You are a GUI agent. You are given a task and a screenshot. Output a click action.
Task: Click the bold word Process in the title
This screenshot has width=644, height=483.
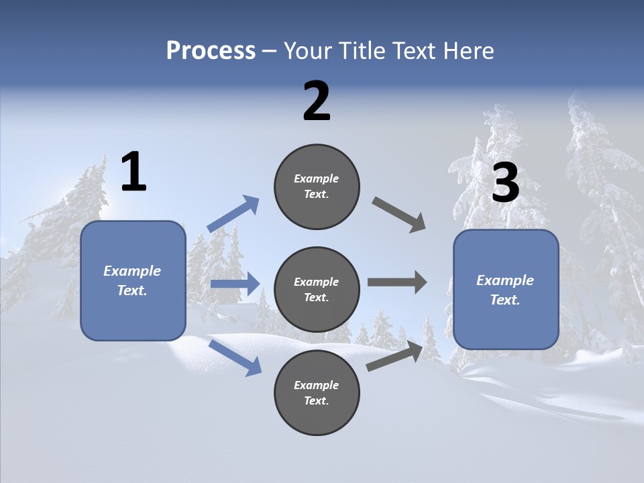(x=211, y=50)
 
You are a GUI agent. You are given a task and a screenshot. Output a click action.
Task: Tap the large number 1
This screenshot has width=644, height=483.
(x=133, y=172)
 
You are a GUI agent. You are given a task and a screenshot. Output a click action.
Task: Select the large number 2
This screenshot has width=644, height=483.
(x=317, y=101)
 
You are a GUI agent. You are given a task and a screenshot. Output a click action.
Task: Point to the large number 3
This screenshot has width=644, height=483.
(x=505, y=183)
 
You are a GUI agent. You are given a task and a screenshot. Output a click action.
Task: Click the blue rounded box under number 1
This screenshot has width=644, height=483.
(x=133, y=280)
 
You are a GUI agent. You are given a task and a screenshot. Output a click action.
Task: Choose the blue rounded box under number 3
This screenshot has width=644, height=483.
(x=506, y=289)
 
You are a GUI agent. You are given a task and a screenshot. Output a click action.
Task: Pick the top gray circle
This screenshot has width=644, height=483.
(x=317, y=186)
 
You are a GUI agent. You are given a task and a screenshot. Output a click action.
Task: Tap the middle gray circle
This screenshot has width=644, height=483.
(x=317, y=289)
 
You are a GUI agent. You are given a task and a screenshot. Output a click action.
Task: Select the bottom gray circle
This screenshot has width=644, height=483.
(x=317, y=392)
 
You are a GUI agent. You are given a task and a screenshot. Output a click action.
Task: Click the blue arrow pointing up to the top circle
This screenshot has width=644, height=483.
(x=233, y=214)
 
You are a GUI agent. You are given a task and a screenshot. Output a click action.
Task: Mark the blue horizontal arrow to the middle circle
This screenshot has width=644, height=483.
(x=235, y=284)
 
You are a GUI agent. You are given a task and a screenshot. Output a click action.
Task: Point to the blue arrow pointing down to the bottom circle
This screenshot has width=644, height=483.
(x=235, y=358)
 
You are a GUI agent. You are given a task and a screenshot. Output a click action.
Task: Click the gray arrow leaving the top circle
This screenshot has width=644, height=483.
(x=399, y=214)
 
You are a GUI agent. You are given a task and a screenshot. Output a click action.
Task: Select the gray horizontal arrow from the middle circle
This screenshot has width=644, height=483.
(x=396, y=282)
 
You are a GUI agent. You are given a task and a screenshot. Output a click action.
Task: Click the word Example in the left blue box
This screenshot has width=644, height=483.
(x=132, y=271)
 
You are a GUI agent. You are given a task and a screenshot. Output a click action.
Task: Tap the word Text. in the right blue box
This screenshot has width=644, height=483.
(x=505, y=300)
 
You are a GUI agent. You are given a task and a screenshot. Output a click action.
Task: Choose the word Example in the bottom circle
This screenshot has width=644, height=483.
(x=317, y=385)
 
